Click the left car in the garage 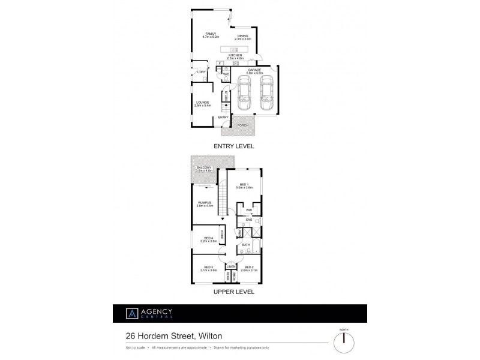(244, 97)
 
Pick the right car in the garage (266, 97)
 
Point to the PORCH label (242, 125)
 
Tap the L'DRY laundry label (202, 73)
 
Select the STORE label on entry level (226, 95)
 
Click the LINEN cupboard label (231, 266)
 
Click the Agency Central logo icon (130, 313)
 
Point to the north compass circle (343, 341)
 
